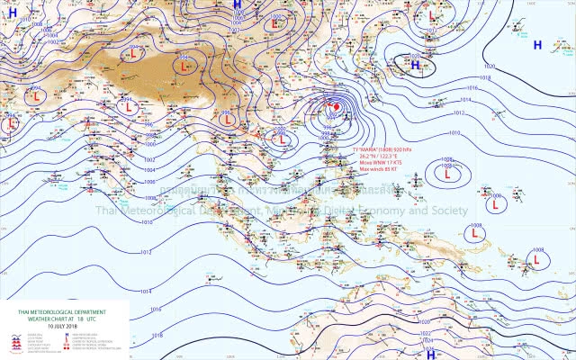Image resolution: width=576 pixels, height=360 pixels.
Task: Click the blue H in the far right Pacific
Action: [x=537, y=44]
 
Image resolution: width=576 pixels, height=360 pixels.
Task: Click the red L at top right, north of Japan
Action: [x=432, y=16]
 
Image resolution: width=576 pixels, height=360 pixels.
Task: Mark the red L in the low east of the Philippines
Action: [x=448, y=177]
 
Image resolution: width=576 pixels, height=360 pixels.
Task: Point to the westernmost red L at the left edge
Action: [x=9, y=123]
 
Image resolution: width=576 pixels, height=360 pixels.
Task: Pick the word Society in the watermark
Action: [x=447, y=211]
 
